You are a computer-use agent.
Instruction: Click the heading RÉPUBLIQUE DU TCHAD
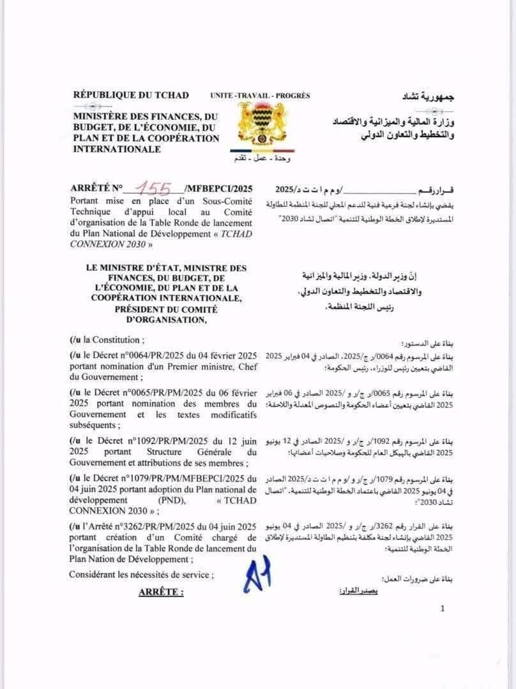tap(131, 95)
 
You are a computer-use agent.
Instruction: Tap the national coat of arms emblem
tap(261, 125)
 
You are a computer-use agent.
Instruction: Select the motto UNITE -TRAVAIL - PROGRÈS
tap(260, 96)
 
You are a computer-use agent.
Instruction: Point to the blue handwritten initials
tap(257, 574)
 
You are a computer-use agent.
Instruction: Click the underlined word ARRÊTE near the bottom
tap(161, 592)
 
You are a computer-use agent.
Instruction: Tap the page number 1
tap(443, 609)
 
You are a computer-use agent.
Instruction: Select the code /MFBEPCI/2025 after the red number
tap(218, 189)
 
